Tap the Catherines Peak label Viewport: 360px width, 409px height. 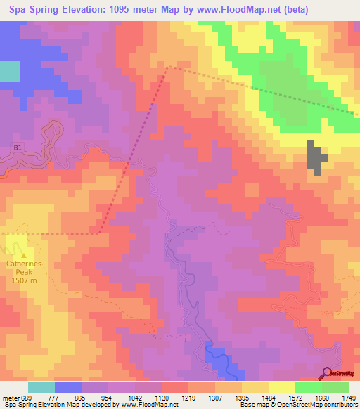[x=24, y=265]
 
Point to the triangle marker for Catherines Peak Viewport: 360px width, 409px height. [x=24, y=256]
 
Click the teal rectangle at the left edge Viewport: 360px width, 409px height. [x=10, y=72]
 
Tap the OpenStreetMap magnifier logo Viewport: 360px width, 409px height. [x=328, y=372]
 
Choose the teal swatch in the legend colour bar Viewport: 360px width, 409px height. [x=41, y=387]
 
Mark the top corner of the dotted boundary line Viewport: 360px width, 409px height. [x=167, y=67]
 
